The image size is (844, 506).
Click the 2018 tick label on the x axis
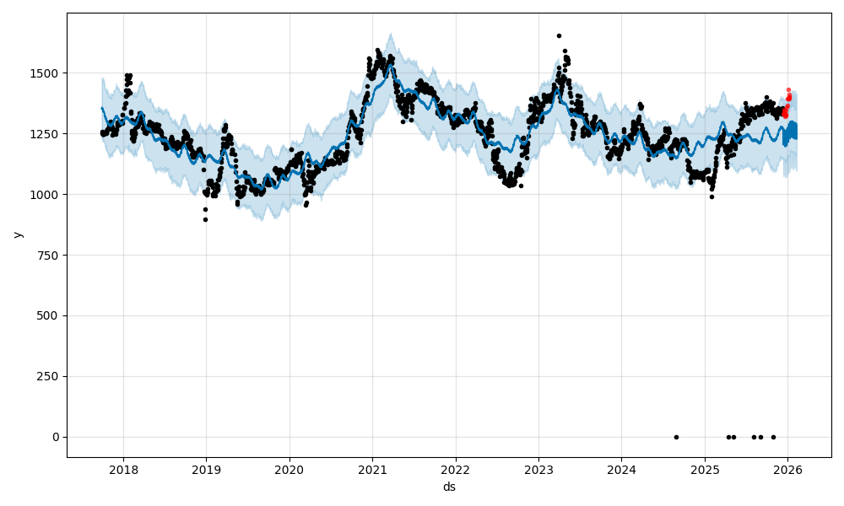(x=123, y=470)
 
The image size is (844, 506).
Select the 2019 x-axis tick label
(x=206, y=470)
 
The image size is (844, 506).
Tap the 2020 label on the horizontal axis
(x=289, y=470)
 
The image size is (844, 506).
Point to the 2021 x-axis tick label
(x=372, y=470)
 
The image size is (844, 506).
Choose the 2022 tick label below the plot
(x=455, y=470)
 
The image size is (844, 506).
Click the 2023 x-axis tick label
(x=538, y=470)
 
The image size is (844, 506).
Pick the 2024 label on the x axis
(x=621, y=470)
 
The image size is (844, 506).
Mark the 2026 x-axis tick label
(x=787, y=470)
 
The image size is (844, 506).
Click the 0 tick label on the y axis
(x=56, y=437)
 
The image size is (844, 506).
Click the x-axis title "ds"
(x=449, y=487)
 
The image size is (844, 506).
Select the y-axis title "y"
(x=16, y=234)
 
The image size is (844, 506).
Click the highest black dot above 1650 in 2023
(x=559, y=35)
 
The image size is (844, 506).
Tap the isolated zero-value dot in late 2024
(x=676, y=437)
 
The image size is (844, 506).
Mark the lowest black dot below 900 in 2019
(x=205, y=219)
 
